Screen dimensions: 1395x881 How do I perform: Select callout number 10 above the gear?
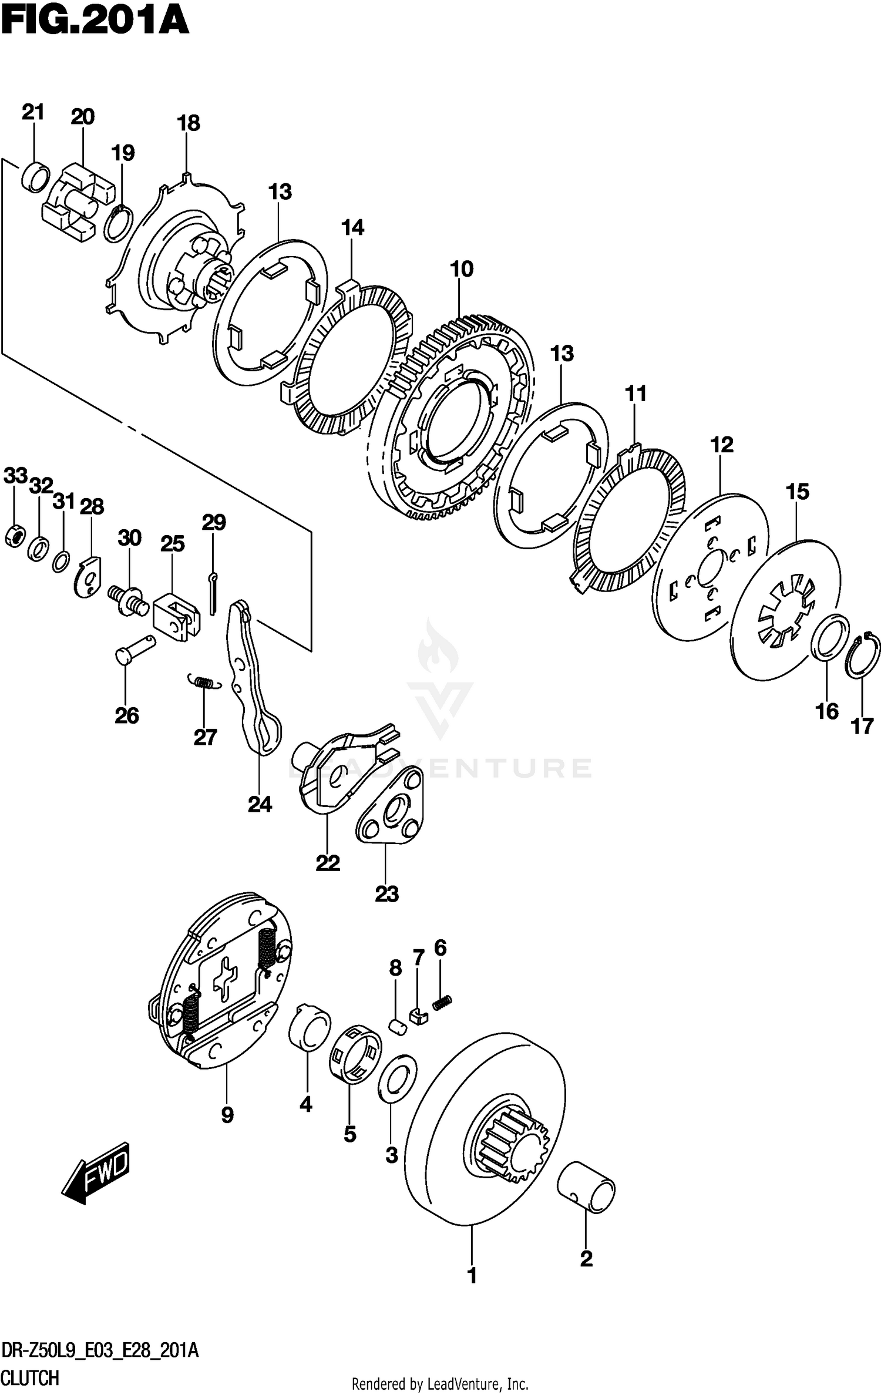461,270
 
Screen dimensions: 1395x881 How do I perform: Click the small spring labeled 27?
203,682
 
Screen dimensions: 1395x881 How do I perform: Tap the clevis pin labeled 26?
136,650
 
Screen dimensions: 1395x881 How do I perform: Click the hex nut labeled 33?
14,535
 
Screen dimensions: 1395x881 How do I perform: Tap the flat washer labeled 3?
398,1079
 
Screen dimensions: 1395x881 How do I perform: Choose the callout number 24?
260,804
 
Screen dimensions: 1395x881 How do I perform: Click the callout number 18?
188,123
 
